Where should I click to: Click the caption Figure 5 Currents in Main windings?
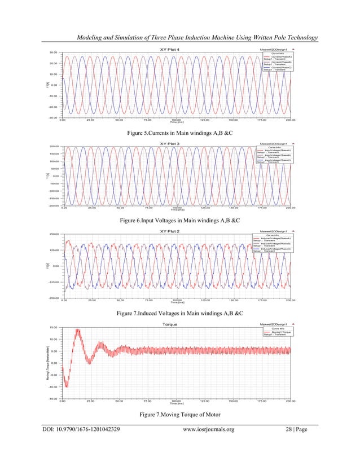(x=180, y=134)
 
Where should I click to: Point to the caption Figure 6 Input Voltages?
(x=180, y=223)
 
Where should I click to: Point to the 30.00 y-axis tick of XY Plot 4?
(x=54, y=52)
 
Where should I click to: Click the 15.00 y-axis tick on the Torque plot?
(x=54, y=327)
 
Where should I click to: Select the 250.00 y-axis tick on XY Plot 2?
(x=54, y=234)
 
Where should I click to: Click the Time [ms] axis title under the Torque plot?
(x=177, y=403)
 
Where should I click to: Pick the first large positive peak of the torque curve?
(x=77, y=331)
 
